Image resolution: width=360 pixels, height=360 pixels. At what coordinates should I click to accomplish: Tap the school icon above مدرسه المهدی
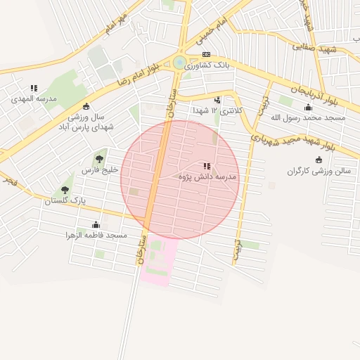tap(34, 89)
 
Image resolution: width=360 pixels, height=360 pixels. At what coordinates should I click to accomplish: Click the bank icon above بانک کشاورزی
tap(206, 54)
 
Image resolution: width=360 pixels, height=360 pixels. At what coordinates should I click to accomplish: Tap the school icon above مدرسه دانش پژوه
tap(206, 167)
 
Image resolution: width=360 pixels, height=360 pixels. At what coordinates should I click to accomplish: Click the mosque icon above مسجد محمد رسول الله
tap(308, 108)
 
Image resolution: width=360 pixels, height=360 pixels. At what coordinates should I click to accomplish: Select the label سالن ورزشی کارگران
tap(318, 171)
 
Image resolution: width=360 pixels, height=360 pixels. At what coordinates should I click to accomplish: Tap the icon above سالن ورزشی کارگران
tap(319, 160)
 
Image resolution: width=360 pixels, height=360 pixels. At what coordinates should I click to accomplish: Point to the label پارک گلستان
tap(64, 200)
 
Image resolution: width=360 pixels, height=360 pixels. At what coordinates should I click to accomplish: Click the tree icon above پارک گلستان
tap(65, 190)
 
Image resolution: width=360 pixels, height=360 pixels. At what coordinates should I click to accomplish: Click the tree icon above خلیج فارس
tap(98, 159)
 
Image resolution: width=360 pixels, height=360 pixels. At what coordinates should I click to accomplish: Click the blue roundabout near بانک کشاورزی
tap(180, 63)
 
